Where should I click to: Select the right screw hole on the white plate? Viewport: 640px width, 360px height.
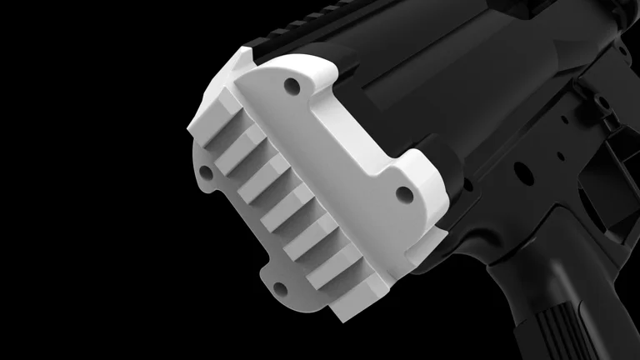tap(404, 194)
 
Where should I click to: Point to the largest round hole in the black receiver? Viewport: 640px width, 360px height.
tap(523, 172)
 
